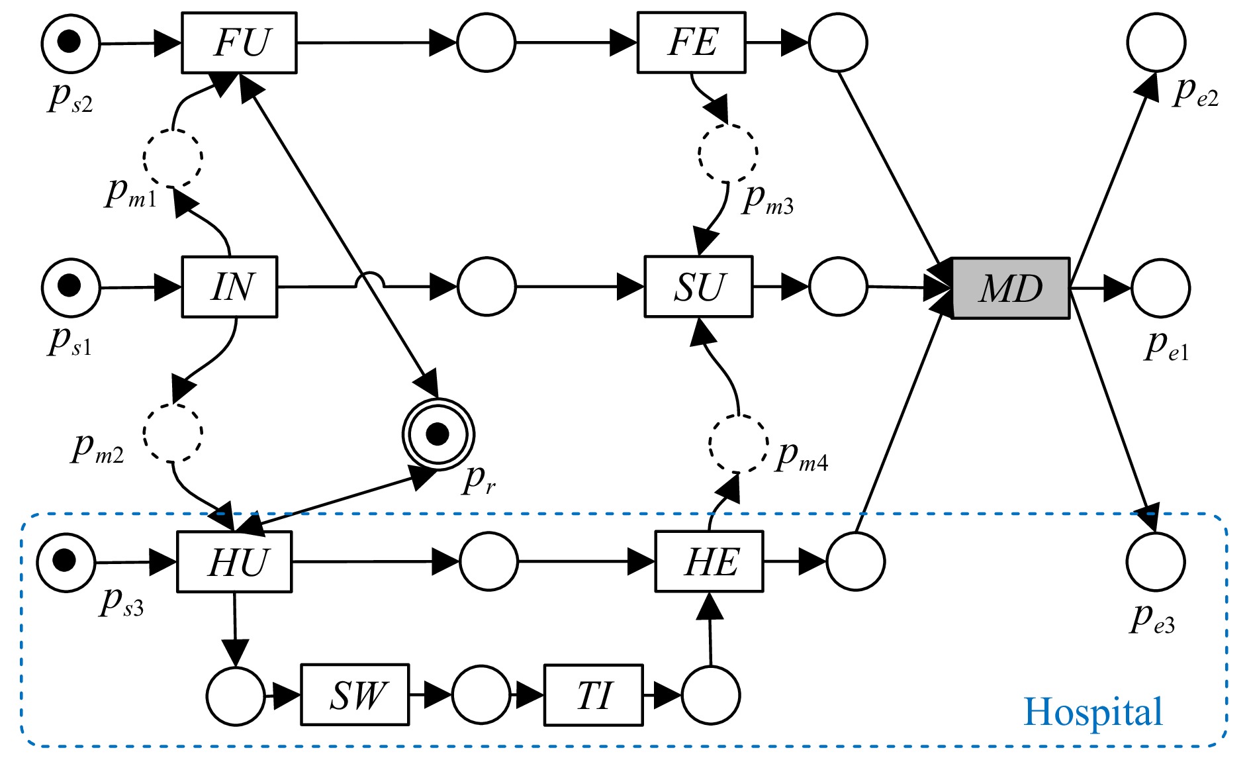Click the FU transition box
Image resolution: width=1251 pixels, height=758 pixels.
pyautogui.click(x=239, y=43)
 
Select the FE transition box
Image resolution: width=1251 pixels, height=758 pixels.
pyautogui.click(x=691, y=43)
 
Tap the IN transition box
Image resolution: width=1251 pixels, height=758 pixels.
pyautogui.click(x=230, y=287)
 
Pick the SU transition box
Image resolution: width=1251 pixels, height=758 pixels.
pyautogui.click(x=698, y=287)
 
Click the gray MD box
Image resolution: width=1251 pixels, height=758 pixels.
pyautogui.click(x=1011, y=289)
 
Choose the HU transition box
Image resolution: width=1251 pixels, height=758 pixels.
pyautogui.click(x=234, y=562)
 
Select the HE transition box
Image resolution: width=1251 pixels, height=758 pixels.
pyautogui.click(x=709, y=562)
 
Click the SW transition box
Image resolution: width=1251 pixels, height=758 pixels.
pyautogui.click(x=355, y=695)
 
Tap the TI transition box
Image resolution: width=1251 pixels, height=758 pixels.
pyautogui.click(x=593, y=696)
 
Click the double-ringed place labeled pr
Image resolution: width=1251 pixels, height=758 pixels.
pyautogui.click(x=438, y=434)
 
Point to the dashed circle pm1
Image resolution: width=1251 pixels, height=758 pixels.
pyautogui.click(x=173, y=158)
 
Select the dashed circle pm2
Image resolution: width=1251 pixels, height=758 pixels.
pyautogui.click(x=173, y=432)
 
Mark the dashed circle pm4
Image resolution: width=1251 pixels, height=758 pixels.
pyautogui.click(x=739, y=444)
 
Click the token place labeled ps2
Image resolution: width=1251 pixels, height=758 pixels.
pyautogui.click(x=70, y=43)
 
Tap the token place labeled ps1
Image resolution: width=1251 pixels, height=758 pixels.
pyautogui.click(x=70, y=287)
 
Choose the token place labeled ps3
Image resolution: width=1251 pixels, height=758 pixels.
pyautogui.click(x=66, y=562)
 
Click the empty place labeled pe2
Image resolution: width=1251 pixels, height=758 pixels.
pyautogui.click(x=1156, y=43)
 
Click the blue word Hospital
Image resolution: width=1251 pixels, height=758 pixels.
pyautogui.click(x=1093, y=712)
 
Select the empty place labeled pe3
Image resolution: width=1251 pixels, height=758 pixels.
pyautogui.click(x=1156, y=562)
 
